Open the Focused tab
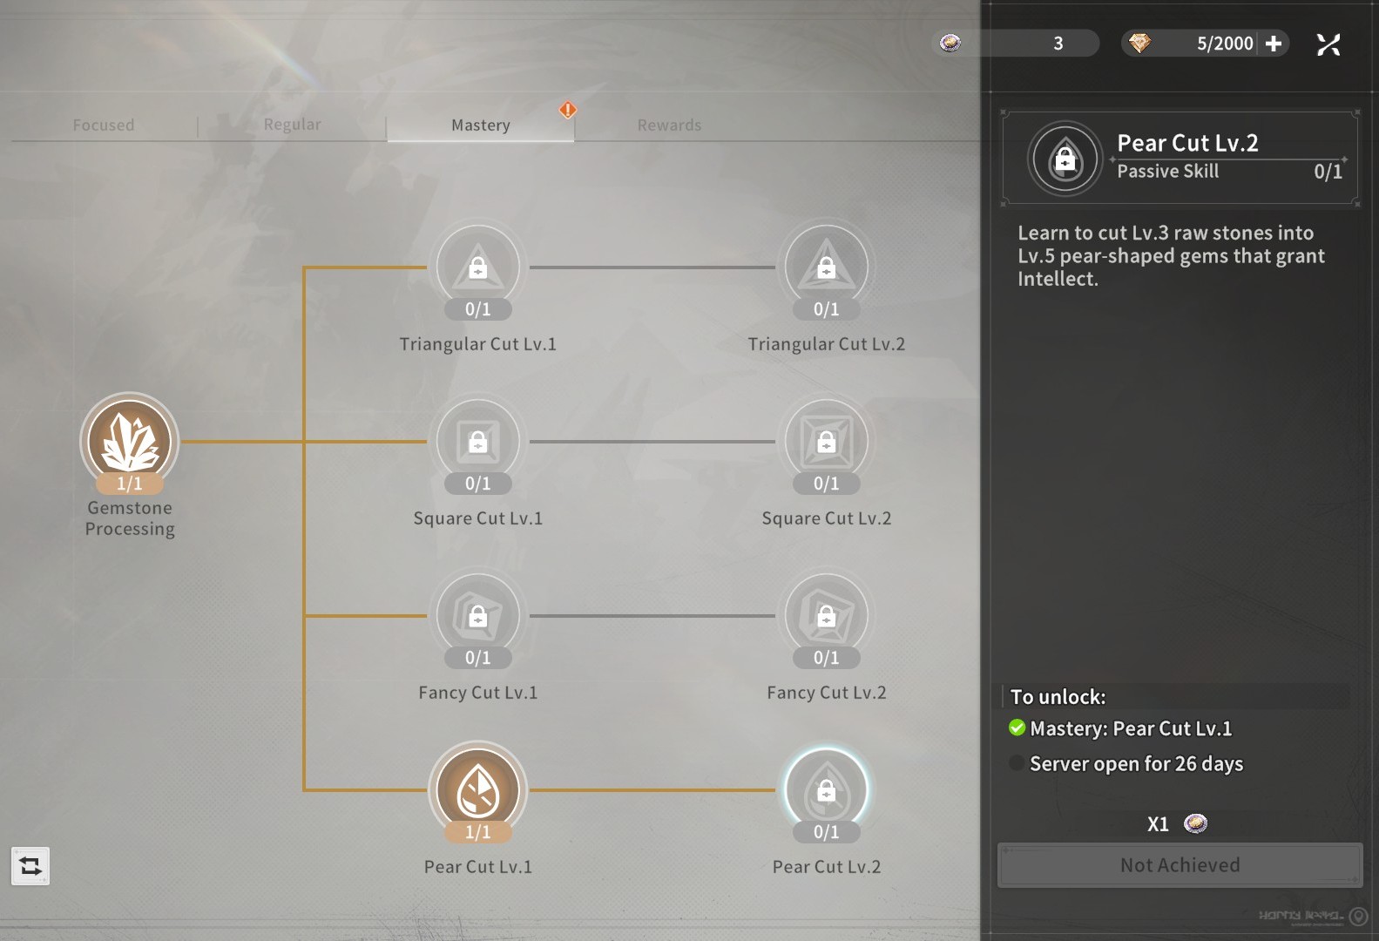(x=104, y=125)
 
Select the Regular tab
(x=292, y=125)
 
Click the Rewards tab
(x=669, y=125)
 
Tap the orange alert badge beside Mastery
(x=568, y=110)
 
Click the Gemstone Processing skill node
(x=130, y=441)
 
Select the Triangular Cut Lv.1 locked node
(x=477, y=267)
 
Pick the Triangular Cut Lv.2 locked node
(x=826, y=267)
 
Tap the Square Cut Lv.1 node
(x=477, y=441)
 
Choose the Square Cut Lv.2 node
(x=826, y=441)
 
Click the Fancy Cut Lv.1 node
(x=477, y=615)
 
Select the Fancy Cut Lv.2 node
(x=826, y=615)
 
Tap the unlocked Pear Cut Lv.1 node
(x=477, y=789)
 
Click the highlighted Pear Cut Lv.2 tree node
(x=826, y=789)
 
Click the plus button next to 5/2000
(x=1274, y=44)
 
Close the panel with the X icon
(x=1328, y=44)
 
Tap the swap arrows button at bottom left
(x=30, y=866)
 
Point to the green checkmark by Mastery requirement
(x=1017, y=728)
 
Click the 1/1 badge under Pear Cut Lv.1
(x=477, y=832)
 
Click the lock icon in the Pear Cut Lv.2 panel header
(x=1065, y=159)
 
